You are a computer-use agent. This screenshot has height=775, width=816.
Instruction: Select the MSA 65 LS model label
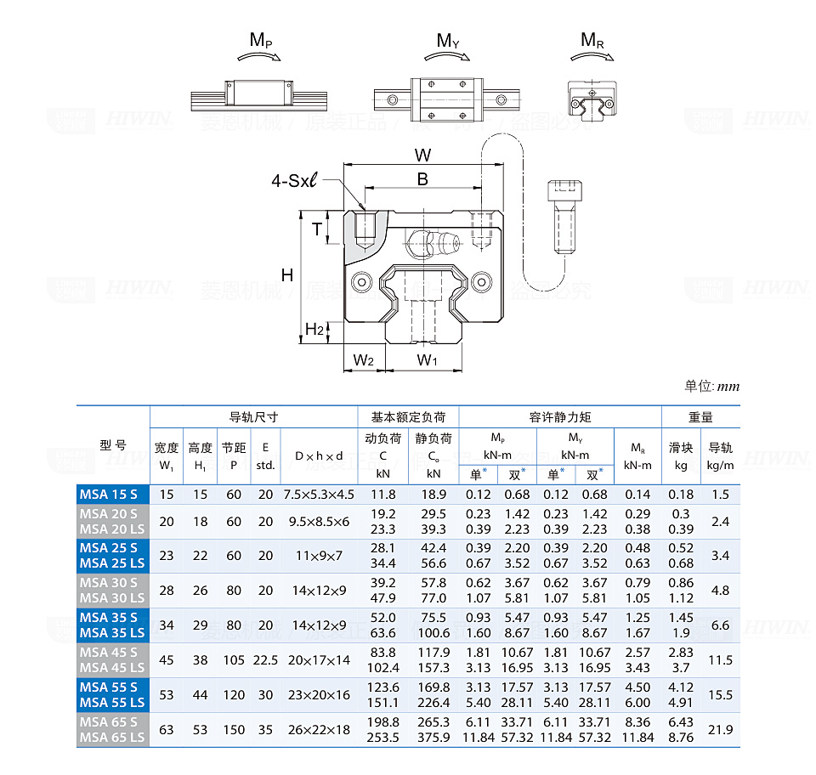pos(112,738)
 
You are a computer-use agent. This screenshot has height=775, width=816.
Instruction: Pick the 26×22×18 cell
pos(319,730)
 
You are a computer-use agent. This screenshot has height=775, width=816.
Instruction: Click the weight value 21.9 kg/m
pos(720,730)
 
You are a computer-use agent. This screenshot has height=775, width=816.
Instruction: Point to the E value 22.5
pos(265,660)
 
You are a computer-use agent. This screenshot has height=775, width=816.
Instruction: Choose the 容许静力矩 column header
pos(559,417)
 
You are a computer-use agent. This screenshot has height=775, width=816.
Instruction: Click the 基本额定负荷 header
pos(408,417)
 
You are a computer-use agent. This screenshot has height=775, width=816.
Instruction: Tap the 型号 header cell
pos(113,445)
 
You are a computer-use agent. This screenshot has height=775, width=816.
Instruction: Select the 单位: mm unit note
pos(711,387)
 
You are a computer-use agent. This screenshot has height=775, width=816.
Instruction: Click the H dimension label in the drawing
pos(287,274)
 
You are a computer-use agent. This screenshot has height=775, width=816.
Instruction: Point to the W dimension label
pos(422,155)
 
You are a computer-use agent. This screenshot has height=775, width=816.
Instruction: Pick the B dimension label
pos(422,178)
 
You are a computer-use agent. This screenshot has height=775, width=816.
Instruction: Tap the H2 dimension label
pos(314,329)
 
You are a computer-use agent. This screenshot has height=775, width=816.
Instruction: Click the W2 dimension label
pos(364,360)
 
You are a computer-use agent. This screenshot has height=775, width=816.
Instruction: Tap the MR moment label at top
pos(592,40)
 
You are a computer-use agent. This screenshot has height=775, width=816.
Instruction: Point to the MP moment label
pos(261,40)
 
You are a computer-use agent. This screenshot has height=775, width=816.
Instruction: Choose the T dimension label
pos(316,229)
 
